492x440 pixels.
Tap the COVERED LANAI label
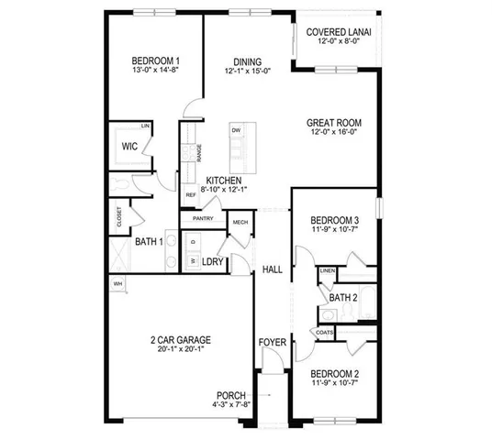click(x=339, y=32)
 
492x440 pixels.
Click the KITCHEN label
click(x=224, y=181)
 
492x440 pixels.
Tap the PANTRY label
click(x=203, y=218)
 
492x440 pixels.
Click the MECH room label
click(x=240, y=222)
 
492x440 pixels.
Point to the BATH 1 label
click(x=148, y=242)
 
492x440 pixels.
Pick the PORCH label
click(x=231, y=395)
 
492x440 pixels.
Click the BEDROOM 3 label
click(x=333, y=221)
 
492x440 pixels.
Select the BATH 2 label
click(x=342, y=297)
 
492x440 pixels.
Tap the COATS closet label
click(x=325, y=332)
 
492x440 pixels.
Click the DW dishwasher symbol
click(x=236, y=131)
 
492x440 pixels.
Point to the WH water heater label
click(x=117, y=284)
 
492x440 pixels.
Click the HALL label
click(x=272, y=269)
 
